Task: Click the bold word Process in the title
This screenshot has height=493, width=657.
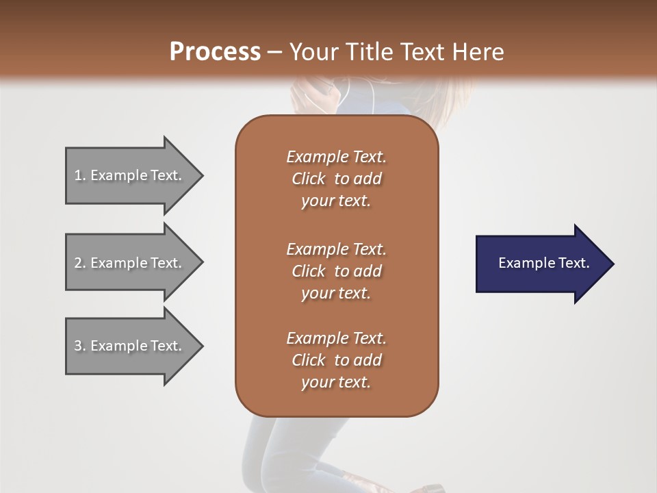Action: [x=215, y=51]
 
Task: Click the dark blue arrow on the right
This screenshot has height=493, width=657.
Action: [x=541, y=264]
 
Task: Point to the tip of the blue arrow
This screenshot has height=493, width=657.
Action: [x=613, y=264]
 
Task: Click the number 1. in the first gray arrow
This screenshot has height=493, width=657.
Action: [x=80, y=175]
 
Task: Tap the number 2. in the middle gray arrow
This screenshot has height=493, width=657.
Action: [x=80, y=263]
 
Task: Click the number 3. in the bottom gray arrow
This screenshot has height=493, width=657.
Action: [x=80, y=346]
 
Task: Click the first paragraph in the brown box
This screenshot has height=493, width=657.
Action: [x=336, y=179]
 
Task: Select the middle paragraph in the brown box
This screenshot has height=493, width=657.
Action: [x=336, y=270]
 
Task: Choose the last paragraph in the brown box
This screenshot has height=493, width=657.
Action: [x=336, y=360]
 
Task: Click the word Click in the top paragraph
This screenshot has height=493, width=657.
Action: [x=308, y=179]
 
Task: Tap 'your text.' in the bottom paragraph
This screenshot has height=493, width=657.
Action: [x=336, y=383]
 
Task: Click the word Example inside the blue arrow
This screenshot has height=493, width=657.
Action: [x=522, y=263]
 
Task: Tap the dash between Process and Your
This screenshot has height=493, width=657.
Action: [x=275, y=52]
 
